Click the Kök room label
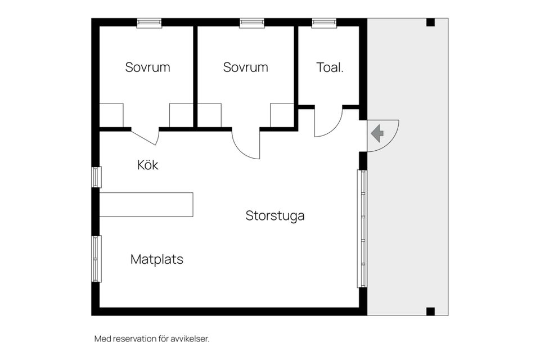[x=148, y=165]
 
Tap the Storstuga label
[x=275, y=216]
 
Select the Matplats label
[x=157, y=259]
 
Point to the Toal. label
[x=330, y=67]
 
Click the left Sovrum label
[x=148, y=67]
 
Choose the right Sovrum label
[x=246, y=67]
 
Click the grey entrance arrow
[x=378, y=133]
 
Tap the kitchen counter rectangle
[x=146, y=205]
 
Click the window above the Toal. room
[x=324, y=23]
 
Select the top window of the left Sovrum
[x=149, y=23]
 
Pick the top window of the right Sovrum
[x=252, y=23]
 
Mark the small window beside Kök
[x=96, y=177]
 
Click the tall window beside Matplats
[x=96, y=259]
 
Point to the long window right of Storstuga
[x=362, y=229]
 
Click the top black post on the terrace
[x=430, y=22]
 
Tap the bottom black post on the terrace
[x=430, y=312]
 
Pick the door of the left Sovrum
[x=145, y=137]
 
